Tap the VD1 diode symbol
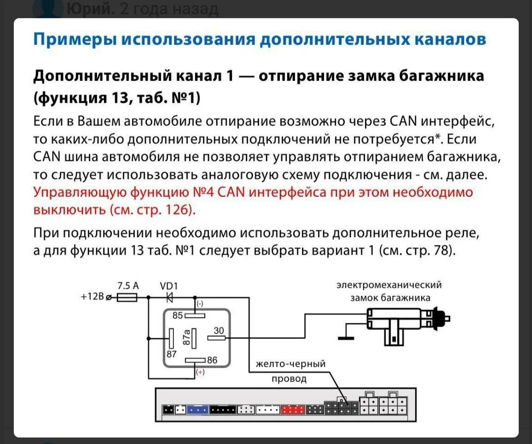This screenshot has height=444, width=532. [x=170, y=297]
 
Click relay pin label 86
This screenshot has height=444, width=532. [x=212, y=360]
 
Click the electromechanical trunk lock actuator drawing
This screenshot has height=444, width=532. [x=404, y=321]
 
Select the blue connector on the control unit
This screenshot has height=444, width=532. [x=199, y=409]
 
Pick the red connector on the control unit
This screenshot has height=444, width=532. [x=293, y=409]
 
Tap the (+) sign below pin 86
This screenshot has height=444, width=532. [x=200, y=372]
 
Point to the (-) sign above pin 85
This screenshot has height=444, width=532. [x=200, y=304]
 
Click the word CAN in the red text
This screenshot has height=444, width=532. [x=231, y=192]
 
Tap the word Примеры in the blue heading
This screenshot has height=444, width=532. [x=73, y=39]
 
